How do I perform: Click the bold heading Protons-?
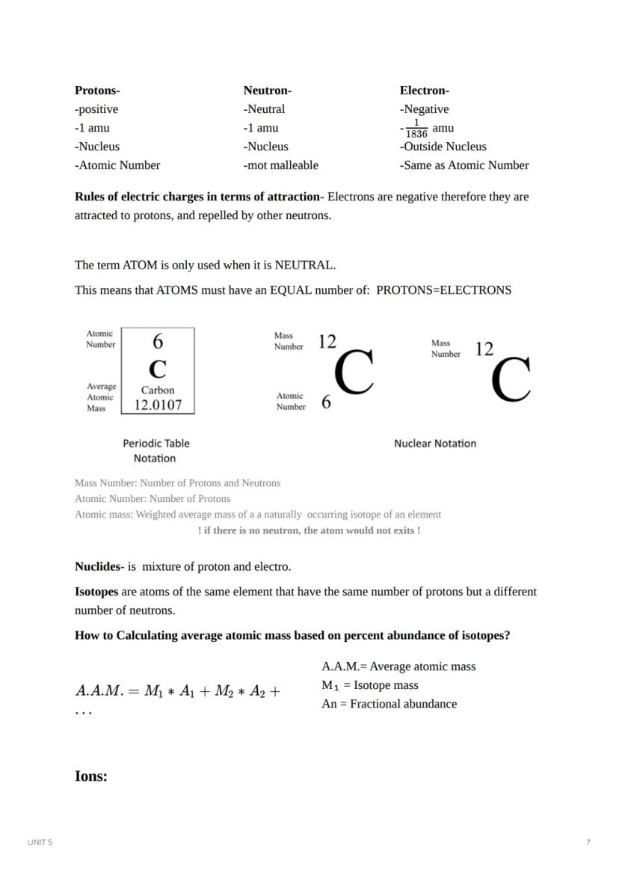click(97, 91)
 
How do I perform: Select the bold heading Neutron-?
click(267, 91)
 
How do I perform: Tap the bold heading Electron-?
click(424, 91)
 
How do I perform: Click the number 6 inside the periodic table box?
click(158, 342)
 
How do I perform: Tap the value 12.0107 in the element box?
click(158, 405)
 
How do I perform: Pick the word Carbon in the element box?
click(158, 390)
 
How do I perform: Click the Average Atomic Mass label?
click(101, 397)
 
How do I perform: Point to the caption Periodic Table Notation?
click(155, 450)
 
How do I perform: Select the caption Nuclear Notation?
click(435, 444)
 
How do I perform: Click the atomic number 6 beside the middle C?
click(326, 402)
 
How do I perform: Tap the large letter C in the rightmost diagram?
click(511, 379)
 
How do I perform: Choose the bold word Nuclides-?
click(99, 567)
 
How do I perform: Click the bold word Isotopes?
click(96, 592)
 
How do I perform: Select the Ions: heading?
click(91, 776)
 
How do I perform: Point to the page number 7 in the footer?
click(588, 842)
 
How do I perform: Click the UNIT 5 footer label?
click(40, 842)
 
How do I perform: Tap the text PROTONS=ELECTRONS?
click(443, 290)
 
